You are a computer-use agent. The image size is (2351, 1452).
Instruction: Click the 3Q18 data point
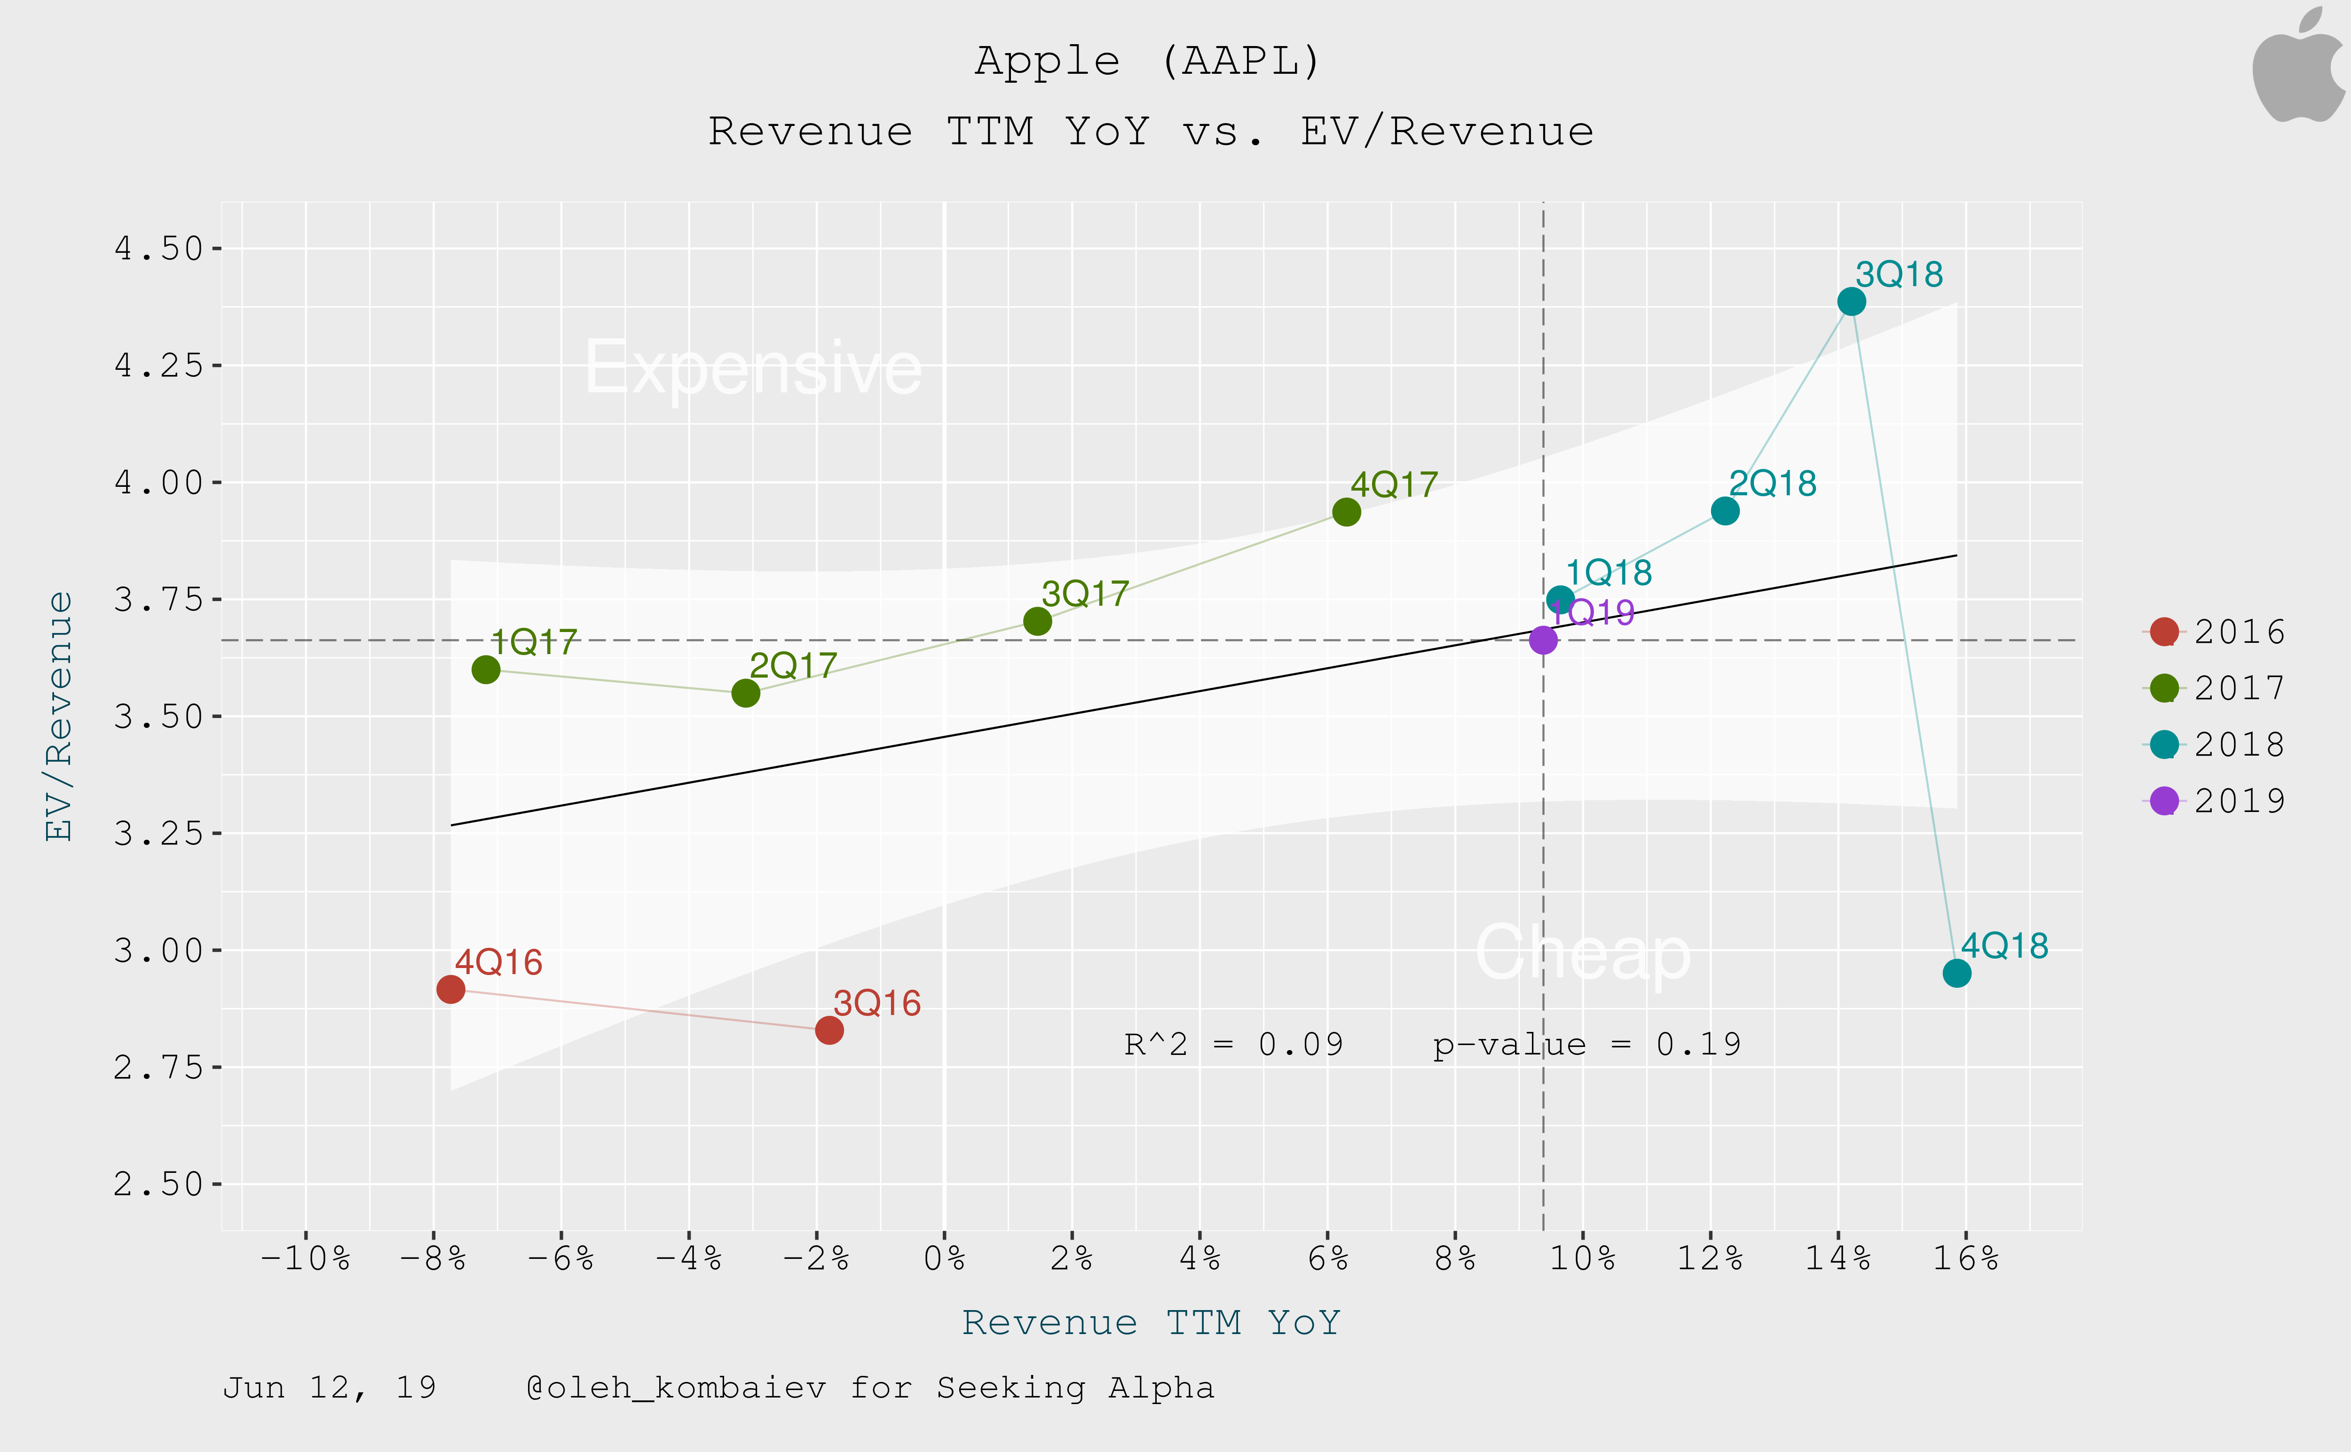[1850, 302]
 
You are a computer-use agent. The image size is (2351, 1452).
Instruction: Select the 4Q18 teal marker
[1956, 973]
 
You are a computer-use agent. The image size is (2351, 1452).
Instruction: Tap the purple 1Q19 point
[1542, 640]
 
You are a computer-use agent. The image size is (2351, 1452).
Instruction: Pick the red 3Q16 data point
[828, 1030]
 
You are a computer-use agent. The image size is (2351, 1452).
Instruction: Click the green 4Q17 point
[1346, 512]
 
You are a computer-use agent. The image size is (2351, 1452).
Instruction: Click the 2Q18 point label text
[1773, 483]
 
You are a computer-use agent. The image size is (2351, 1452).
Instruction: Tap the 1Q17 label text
[534, 641]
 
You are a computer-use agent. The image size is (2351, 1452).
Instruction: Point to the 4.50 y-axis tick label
[158, 249]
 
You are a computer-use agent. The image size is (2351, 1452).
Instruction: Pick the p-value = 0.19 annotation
[1586, 1044]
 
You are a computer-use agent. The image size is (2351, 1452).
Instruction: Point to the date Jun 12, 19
[330, 1388]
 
